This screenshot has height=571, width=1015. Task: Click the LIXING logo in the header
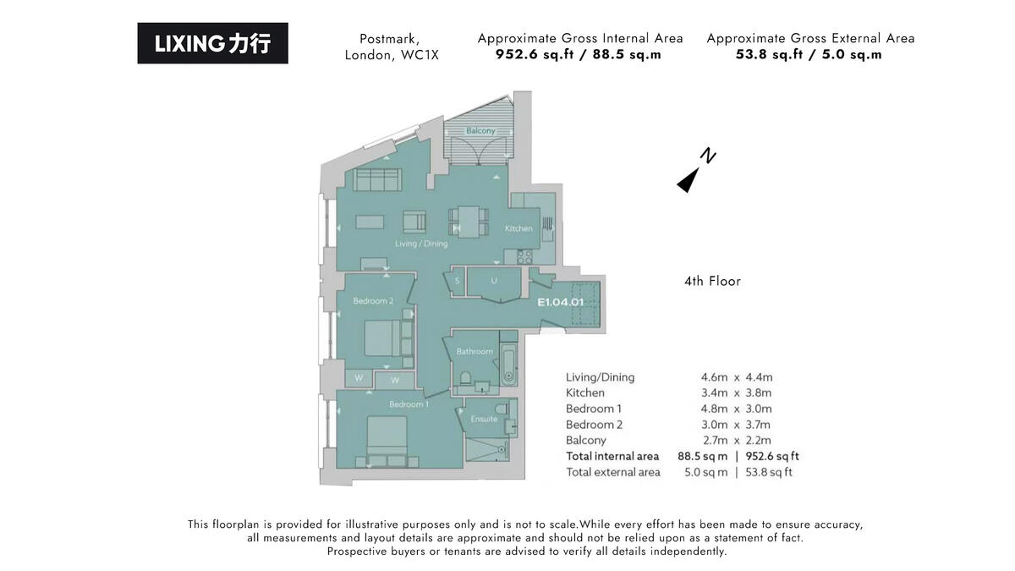(212, 43)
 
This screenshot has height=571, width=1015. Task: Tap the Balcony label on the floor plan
(480, 131)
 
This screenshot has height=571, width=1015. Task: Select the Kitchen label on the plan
(518, 228)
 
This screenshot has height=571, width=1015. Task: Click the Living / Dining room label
(421, 244)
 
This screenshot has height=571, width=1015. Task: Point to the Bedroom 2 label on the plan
(373, 301)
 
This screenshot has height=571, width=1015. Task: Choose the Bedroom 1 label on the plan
(409, 404)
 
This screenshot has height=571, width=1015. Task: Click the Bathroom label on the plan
(475, 351)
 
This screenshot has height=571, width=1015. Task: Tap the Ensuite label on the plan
(484, 419)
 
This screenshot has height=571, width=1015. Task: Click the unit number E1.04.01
(561, 301)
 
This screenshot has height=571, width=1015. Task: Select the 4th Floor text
(712, 281)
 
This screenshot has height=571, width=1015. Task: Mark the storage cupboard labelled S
(457, 281)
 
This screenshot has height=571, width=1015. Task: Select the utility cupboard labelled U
(493, 282)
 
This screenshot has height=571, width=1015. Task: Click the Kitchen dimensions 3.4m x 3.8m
(731, 393)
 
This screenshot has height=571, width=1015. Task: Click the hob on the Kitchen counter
(524, 255)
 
